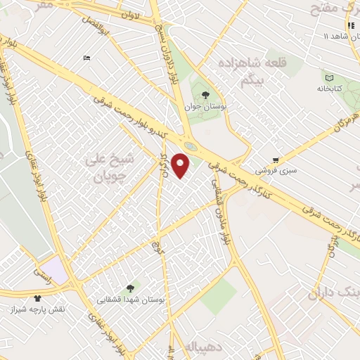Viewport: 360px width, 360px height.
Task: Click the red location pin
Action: click(x=181, y=165)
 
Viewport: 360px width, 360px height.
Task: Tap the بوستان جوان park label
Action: click(x=203, y=108)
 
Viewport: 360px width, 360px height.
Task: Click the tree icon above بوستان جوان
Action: click(x=205, y=94)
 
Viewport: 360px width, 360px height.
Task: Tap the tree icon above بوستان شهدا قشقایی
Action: click(x=129, y=288)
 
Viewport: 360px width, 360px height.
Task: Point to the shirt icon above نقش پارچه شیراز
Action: click(x=37, y=297)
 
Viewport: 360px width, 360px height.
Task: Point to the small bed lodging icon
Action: click(x=86, y=57)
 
